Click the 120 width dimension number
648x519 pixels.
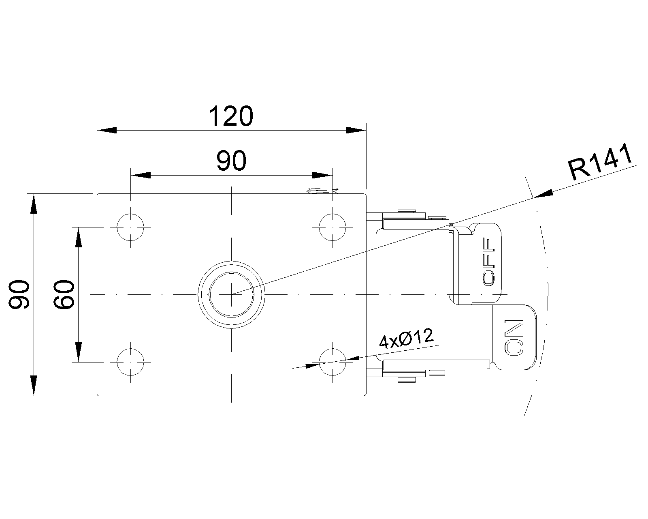tap(231, 116)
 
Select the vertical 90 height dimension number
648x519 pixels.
tap(19, 294)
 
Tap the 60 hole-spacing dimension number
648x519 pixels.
tap(64, 294)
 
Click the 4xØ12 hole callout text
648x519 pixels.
tap(406, 339)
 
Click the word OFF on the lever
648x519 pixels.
tap(488, 262)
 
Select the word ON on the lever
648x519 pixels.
tap(514, 338)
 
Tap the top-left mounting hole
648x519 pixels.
tap(130, 227)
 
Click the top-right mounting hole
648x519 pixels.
tap(333, 227)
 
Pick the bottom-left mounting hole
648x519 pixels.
tap(130, 362)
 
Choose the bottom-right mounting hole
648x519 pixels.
tap(333, 362)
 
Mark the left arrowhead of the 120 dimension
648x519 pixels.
tap(107, 130)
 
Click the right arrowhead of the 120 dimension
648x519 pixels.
tap(356, 130)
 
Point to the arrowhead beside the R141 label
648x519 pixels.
tap(543, 194)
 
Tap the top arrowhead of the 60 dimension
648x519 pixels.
tap(78, 237)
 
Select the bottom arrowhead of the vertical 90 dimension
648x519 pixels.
tap(34, 386)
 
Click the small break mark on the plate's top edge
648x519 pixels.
tap(323, 191)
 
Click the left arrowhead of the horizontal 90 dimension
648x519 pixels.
tap(140, 175)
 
